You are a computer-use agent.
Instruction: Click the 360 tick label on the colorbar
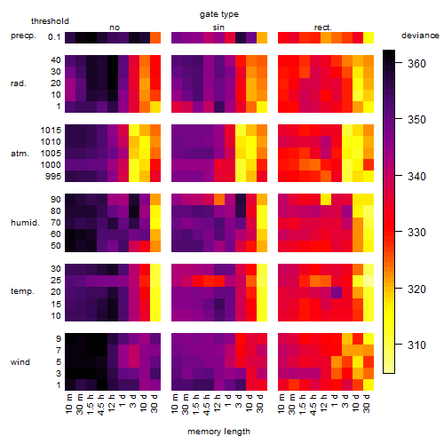(x=416, y=63)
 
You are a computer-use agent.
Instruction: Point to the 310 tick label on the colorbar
(x=416, y=345)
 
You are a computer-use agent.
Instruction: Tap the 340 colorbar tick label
(x=416, y=176)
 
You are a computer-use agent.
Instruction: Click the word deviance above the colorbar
(x=420, y=36)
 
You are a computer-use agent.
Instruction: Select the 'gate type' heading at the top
(x=219, y=14)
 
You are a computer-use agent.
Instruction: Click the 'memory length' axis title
(x=218, y=432)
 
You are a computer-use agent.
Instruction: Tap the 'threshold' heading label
(x=50, y=21)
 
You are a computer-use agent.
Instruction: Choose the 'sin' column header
(x=218, y=28)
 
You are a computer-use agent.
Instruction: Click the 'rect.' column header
(x=322, y=28)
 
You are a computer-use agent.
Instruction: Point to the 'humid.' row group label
(x=25, y=223)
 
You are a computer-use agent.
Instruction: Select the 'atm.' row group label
(x=20, y=154)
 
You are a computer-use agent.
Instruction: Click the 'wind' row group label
(x=20, y=362)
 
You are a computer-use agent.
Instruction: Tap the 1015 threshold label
(x=51, y=131)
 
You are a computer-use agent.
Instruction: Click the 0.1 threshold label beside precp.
(x=54, y=37)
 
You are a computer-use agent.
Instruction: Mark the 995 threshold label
(x=53, y=177)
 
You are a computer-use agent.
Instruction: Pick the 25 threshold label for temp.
(x=56, y=280)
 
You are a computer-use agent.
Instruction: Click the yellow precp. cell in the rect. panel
(x=369, y=37)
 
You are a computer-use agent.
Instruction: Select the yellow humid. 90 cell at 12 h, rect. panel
(x=326, y=199)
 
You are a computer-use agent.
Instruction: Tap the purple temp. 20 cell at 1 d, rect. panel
(x=337, y=292)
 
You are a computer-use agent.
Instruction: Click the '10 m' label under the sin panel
(x=175, y=403)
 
